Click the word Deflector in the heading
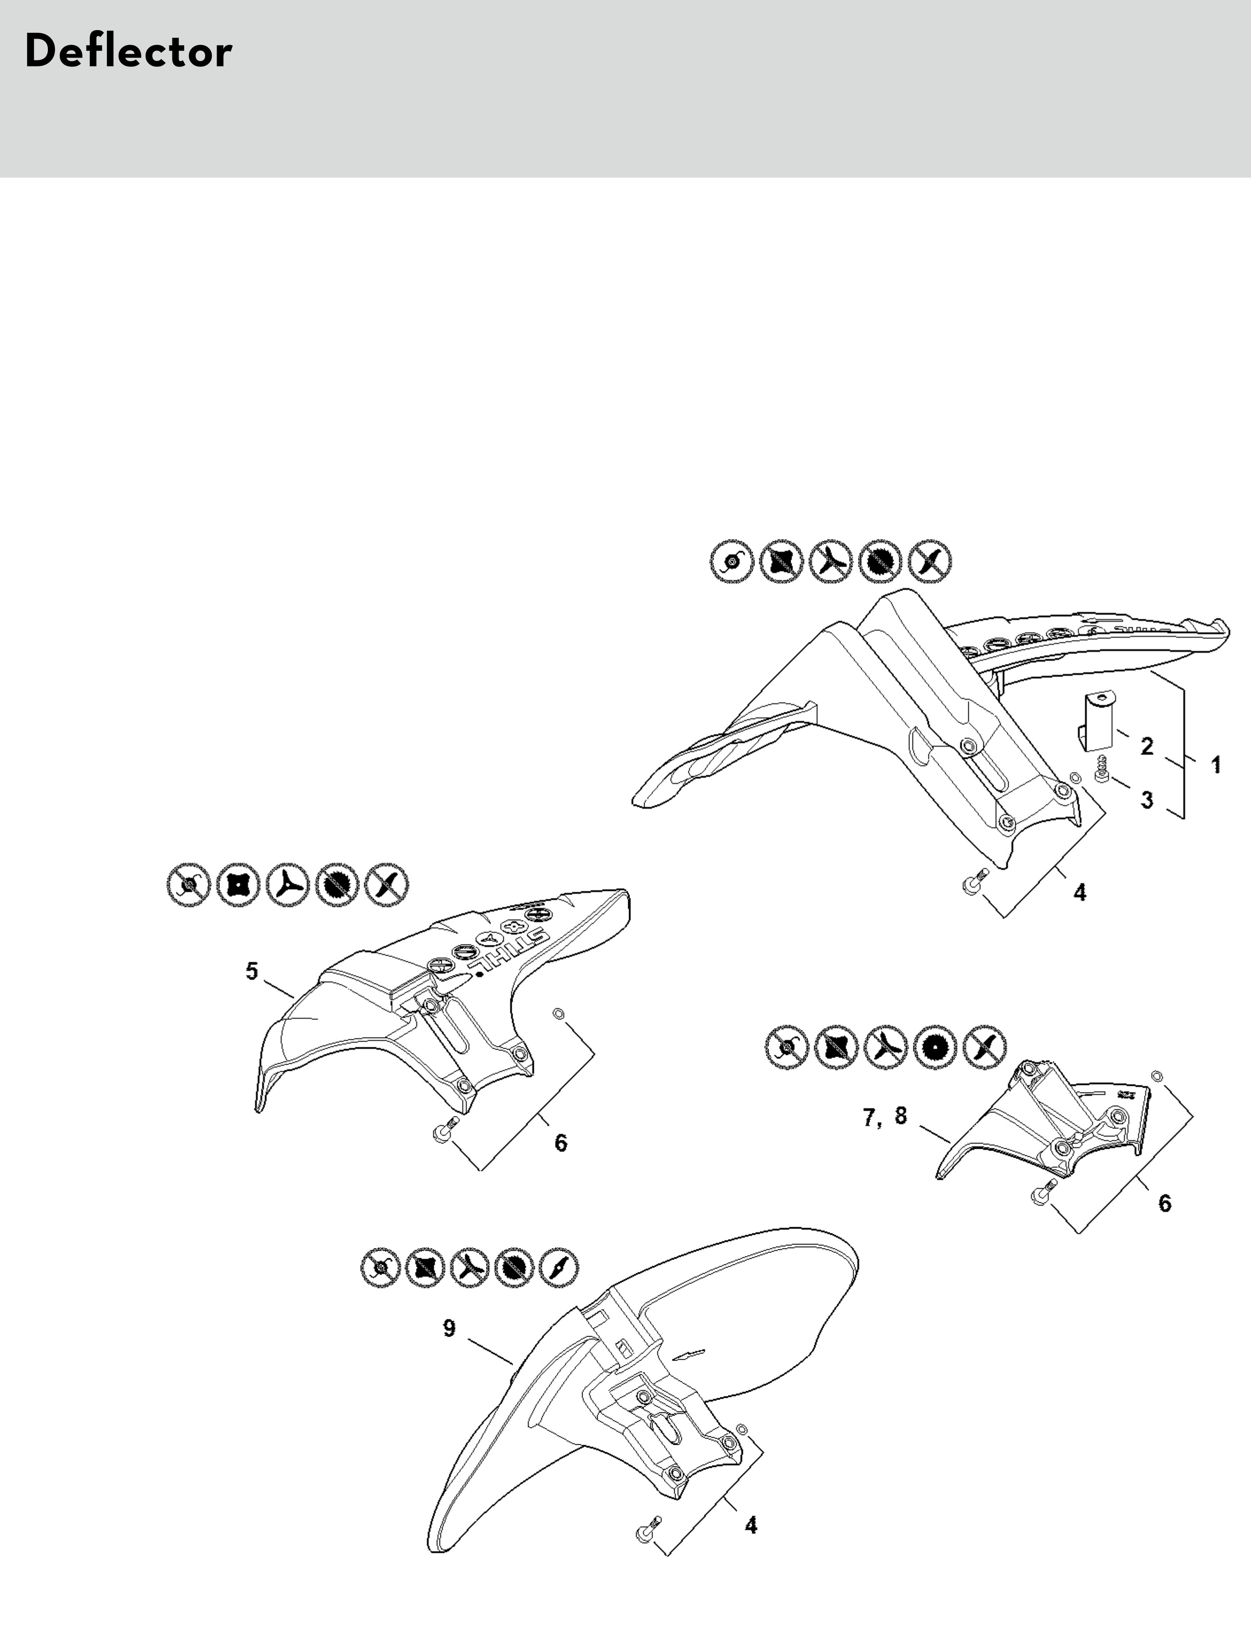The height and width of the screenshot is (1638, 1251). tap(128, 52)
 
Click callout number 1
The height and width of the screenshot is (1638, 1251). tap(1215, 765)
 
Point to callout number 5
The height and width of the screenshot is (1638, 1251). tap(252, 971)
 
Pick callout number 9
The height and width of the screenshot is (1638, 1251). tap(449, 1328)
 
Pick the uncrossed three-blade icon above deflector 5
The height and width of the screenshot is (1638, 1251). tap(287, 885)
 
